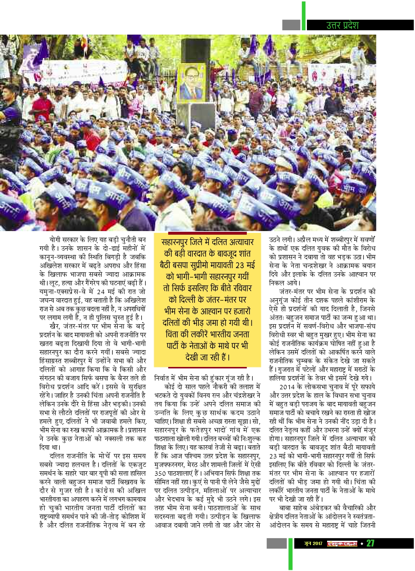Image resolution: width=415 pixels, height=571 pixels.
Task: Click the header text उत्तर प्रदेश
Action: pos(342,25)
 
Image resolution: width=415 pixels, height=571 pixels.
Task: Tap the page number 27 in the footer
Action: pos(371,543)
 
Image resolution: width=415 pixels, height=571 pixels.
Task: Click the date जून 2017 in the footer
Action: pos(313,543)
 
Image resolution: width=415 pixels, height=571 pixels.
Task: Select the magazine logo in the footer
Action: pos(342,543)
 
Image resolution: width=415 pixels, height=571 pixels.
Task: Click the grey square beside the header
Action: pos(291,25)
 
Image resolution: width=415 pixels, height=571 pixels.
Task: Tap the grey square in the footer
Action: pos(276,543)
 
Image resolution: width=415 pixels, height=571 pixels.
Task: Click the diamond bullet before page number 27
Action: pos(362,543)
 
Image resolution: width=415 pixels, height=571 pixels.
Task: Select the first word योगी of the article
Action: pos(57,240)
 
